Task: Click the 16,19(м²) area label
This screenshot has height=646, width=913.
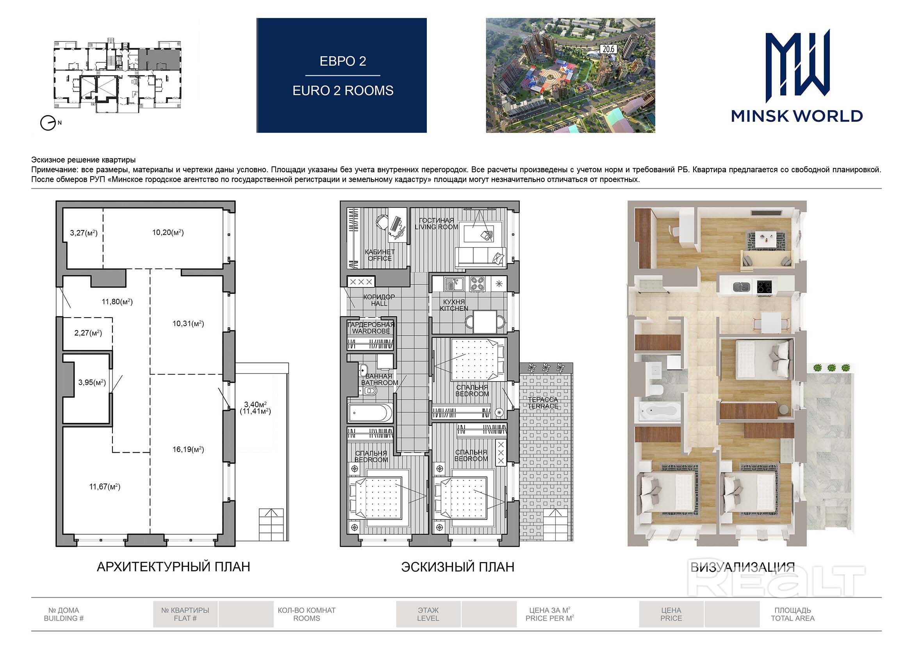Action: pyautogui.click(x=188, y=450)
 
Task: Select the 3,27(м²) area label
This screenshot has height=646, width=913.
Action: pyautogui.click(x=84, y=233)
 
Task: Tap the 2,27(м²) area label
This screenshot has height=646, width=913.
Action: pyautogui.click(x=88, y=333)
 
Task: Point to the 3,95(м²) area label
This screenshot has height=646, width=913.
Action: pyautogui.click(x=92, y=382)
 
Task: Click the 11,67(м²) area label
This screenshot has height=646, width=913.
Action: pyautogui.click(x=105, y=487)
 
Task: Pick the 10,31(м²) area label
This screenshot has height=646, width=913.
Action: pyautogui.click(x=188, y=323)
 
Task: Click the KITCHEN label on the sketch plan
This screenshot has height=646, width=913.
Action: pyautogui.click(x=454, y=308)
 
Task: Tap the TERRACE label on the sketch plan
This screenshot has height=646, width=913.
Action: pyautogui.click(x=543, y=406)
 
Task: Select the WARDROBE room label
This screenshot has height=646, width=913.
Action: pyautogui.click(x=371, y=331)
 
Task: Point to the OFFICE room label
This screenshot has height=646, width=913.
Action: pyautogui.click(x=380, y=259)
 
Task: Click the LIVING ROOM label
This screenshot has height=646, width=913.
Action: pyautogui.click(x=437, y=227)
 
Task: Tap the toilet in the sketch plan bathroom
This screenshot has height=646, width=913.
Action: pyautogui.click(x=370, y=391)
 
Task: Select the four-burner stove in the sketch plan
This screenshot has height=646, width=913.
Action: pyautogui.click(x=477, y=284)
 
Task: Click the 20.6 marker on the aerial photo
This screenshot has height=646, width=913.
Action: pyautogui.click(x=608, y=49)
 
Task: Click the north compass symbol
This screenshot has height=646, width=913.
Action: pyautogui.click(x=48, y=123)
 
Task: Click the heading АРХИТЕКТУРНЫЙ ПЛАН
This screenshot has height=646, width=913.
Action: pyautogui.click(x=173, y=567)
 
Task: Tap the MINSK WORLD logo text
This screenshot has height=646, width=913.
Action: pyautogui.click(x=797, y=116)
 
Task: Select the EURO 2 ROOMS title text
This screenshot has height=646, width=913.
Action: pyautogui.click(x=343, y=91)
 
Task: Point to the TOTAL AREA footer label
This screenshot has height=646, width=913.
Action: pyautogui.click(x=792, y=619)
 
